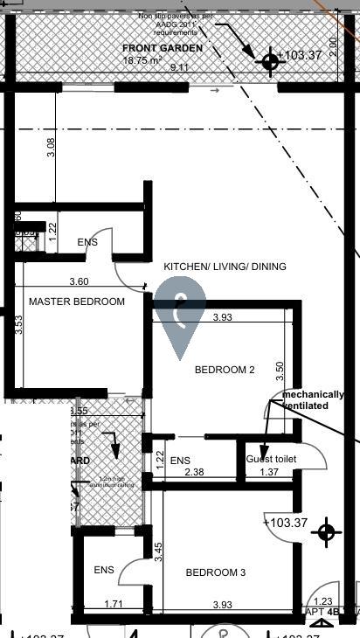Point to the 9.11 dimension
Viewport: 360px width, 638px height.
(x=178, y=67)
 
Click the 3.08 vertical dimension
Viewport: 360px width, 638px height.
(x=52, y=148)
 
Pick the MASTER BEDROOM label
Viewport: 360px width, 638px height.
(x=77, y=302)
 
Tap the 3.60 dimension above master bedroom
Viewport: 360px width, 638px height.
(x=79, y=281)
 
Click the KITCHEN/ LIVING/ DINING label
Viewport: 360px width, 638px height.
(x=225, y=267)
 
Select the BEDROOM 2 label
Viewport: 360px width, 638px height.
(x=225, y=370)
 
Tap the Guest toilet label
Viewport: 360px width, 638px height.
(x=271, y=460)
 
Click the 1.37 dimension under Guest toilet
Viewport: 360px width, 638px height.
(x=269, y=472)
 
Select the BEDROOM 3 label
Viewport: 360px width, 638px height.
(x=216, y=572)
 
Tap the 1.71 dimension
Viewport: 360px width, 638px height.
(x=114, y=604)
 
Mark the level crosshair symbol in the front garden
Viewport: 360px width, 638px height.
(x=269, y=60)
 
